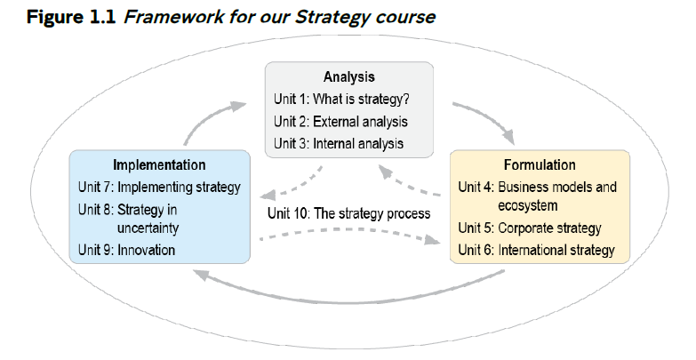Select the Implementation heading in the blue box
click(x=159, y=165)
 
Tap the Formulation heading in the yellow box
click(x=539, y=165)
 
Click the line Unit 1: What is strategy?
click(x=340, y=100)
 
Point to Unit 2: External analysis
click(x=340, y=121)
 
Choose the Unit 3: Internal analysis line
click(x=339, y=142)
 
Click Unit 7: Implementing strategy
click(x=159, y=187)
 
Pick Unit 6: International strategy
click(x=536, y=250)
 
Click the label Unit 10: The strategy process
click(x=348, y=213)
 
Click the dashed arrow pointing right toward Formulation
click(x=356, y=236)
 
